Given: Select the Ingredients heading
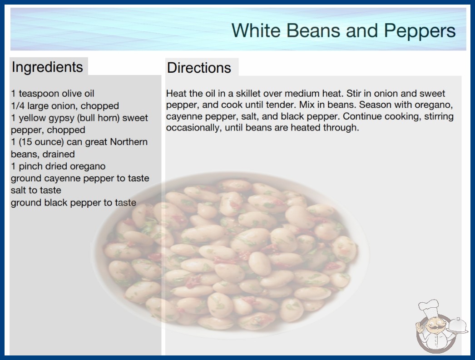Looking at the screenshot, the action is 47,67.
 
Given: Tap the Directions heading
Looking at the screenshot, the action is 199,68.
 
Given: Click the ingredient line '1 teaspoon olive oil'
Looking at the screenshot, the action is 53,94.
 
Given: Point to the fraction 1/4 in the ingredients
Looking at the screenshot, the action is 18,106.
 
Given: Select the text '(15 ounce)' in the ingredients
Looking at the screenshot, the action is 41,142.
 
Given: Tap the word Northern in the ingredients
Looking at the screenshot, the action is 129,142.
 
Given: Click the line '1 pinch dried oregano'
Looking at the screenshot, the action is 58,166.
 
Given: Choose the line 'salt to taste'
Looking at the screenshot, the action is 36,190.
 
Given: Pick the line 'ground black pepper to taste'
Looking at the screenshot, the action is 74,203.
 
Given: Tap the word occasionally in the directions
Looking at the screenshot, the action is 193,128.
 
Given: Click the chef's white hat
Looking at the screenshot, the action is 428,308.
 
